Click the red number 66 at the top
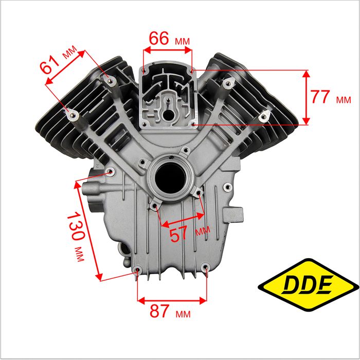[x=159, y=39]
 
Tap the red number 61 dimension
[x=50, y=65]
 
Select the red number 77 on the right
[x=320, y=97]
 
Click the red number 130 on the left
[x=76, y=226]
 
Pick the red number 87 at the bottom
[x=159, y=311]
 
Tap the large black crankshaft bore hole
[x=170, y=178]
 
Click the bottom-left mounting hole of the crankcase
[x=138, y=269]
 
